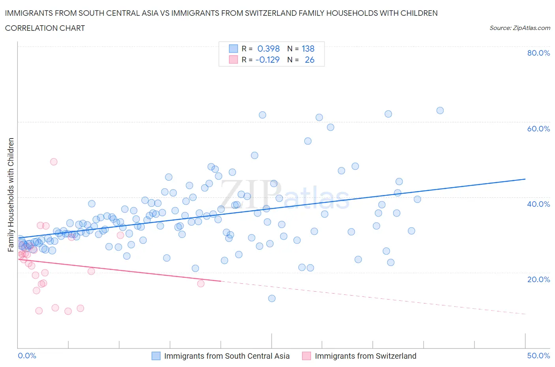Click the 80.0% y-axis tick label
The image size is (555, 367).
pos(538,53)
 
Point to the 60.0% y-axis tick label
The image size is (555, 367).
pos(538,129)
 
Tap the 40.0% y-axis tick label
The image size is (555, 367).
pos(538,204)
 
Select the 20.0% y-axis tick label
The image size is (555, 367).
pos(538,279)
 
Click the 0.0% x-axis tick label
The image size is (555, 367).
pos(27,356)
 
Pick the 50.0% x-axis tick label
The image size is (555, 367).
pos(538,356)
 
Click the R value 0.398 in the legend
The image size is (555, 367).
pos(268,49)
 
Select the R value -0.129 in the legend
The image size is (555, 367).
pos(267,60)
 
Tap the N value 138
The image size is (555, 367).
pos(308,49)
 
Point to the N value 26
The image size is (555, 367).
pos(309,60)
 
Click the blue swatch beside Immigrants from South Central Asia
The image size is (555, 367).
pos(156,356)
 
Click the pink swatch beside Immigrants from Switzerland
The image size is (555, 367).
pos(306,356)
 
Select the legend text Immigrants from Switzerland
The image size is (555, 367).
pos(366,356)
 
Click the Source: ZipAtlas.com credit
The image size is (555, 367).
pos(519,28)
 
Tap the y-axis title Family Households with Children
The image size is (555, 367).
pos(11,195)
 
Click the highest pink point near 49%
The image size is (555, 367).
pos(54,162)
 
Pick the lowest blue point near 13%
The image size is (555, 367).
pos(272,298)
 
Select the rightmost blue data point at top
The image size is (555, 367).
pos(440,110)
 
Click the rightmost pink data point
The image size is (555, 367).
pos(201,283)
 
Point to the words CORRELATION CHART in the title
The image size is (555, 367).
pos(45,28)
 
